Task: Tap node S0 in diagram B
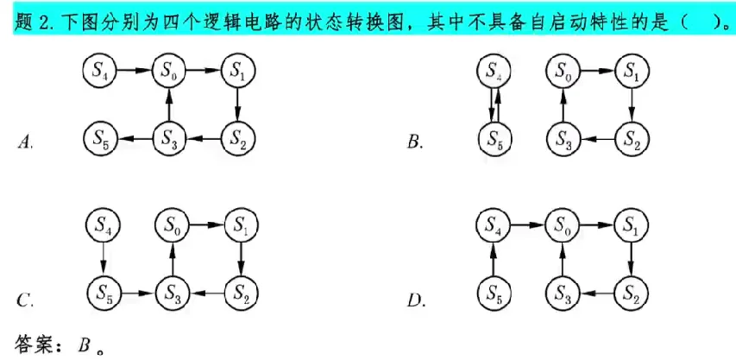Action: click(x=563, y=71)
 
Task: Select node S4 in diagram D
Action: click(x=493, y=227)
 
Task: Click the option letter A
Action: click(x=25, y=142)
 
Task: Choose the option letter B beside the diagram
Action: click(x=415, y=142)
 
